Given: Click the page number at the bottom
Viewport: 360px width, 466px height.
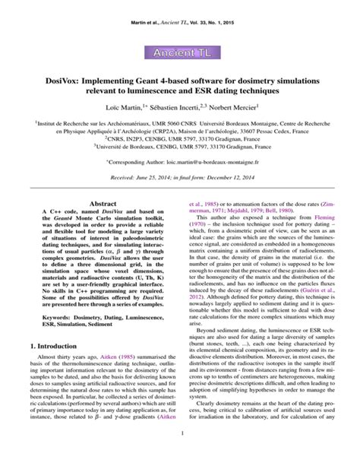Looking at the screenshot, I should pos(180,455).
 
